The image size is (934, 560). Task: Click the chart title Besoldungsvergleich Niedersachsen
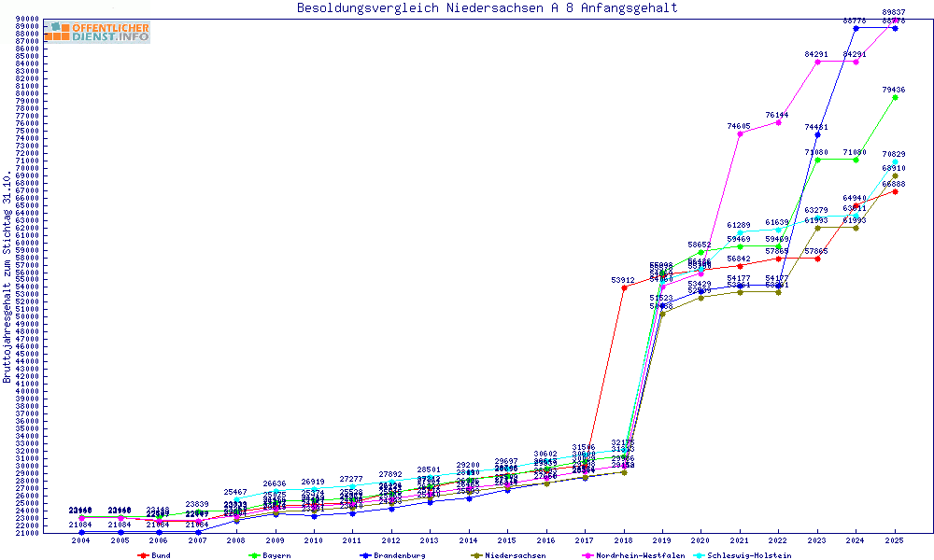tap(487, 8)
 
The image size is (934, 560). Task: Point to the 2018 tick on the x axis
tap(624, 540)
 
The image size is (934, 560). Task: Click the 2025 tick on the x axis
tap(895, 540)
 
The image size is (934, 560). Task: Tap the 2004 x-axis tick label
tap(81, 540)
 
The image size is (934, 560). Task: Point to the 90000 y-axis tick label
tap(26, 19)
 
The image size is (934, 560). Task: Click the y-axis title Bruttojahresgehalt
tap(8, 276)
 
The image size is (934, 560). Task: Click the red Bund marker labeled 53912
tap(624, 287)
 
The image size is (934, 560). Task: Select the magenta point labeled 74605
tap(740, 133)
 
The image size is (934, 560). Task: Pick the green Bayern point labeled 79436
tap(895, 97)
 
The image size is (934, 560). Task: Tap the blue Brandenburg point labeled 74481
tap(817, 134)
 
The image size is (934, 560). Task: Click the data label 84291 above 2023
tap(816, 54)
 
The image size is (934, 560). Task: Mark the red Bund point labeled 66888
tap(895, 191)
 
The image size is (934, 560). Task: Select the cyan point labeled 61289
tap(740, 232)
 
